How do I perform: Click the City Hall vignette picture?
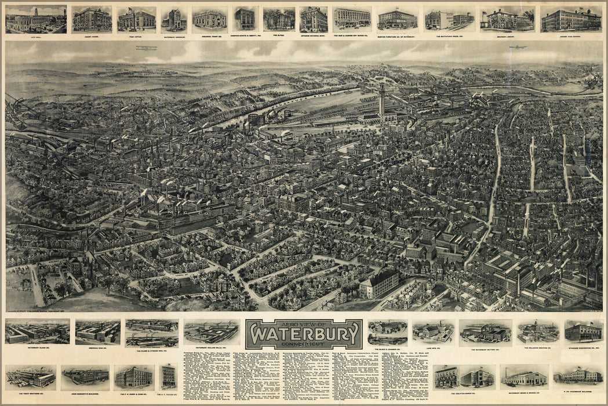coord(36,20)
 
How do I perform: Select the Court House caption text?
coord(92,36)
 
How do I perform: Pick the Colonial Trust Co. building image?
coord(209,19)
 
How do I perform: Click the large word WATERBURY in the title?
coord(303,336)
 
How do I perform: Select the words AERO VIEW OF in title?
coord(303,324)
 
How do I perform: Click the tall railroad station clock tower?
coord(383,100)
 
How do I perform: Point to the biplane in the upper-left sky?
coord(147,49)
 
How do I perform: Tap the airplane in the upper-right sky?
coord(518,47)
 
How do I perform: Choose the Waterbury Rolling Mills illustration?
coord(212,332)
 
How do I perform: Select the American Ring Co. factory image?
coord(97,332)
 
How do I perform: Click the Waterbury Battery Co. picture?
coord(485,332)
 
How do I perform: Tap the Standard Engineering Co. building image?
coord(583,331)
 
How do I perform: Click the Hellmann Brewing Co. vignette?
coord(538,332)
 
